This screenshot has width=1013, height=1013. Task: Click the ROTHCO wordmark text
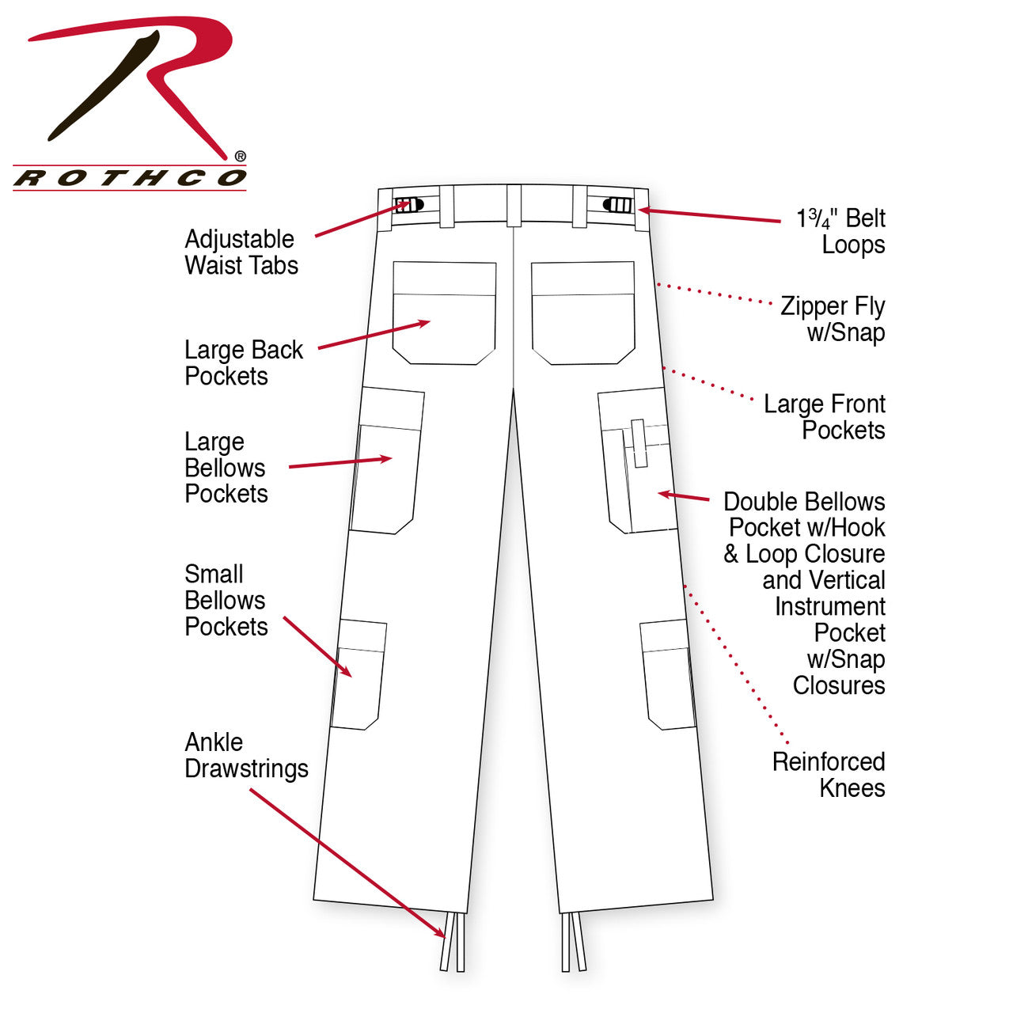[130, 178]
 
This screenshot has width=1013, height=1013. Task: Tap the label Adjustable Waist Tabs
[241, 252]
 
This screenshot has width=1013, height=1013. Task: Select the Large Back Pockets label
[243, 362]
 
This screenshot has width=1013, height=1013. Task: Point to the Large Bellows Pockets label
[226, 468]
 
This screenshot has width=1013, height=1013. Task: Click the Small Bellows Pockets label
[226, 600]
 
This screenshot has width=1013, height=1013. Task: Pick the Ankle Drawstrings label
[246, 755]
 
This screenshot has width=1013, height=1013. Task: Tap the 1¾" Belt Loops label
[840, 231]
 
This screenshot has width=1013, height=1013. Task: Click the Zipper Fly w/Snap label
[833, 319]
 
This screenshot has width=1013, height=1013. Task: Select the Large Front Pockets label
[825, 417]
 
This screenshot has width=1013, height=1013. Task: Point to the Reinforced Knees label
[829, 775]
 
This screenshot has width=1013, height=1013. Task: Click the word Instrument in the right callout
[829, 606]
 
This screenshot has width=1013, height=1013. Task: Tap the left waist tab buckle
[409, 205]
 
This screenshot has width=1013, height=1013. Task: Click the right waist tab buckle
[618, 205]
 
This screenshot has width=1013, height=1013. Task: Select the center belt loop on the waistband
[514, 206]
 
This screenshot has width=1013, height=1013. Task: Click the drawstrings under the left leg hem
[452, 941]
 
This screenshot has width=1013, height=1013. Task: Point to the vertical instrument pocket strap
[639, 442]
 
